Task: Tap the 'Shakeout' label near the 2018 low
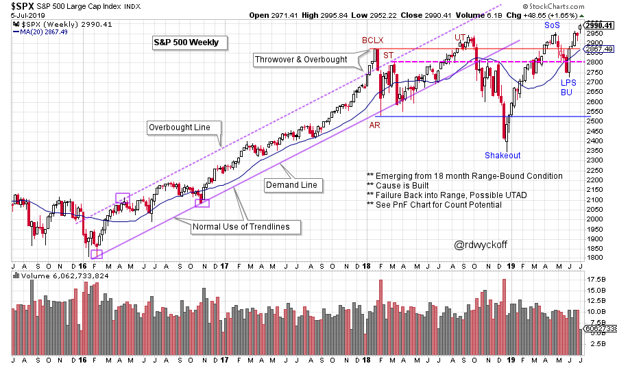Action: (503, 155)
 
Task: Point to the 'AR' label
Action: (376, 125)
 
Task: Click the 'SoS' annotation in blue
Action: (552, 25)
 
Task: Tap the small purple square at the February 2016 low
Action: (96, 254)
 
